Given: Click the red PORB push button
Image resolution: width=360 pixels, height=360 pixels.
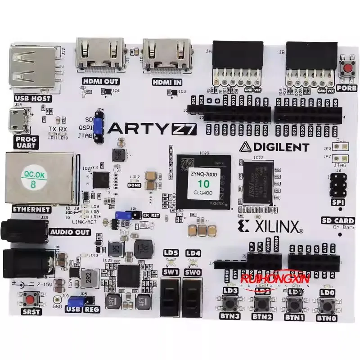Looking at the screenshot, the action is click(348, 69).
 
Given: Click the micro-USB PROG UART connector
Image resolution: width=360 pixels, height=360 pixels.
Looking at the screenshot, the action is click(21, 120).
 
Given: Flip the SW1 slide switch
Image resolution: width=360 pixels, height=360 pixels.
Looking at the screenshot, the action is click(170, 297).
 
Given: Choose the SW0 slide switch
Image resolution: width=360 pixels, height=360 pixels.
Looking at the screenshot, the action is click(192, 297).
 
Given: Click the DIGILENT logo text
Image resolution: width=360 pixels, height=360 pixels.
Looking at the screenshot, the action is click(274, 147).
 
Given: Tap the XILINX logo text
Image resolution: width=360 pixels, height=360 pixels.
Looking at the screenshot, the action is click(274, 227).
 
